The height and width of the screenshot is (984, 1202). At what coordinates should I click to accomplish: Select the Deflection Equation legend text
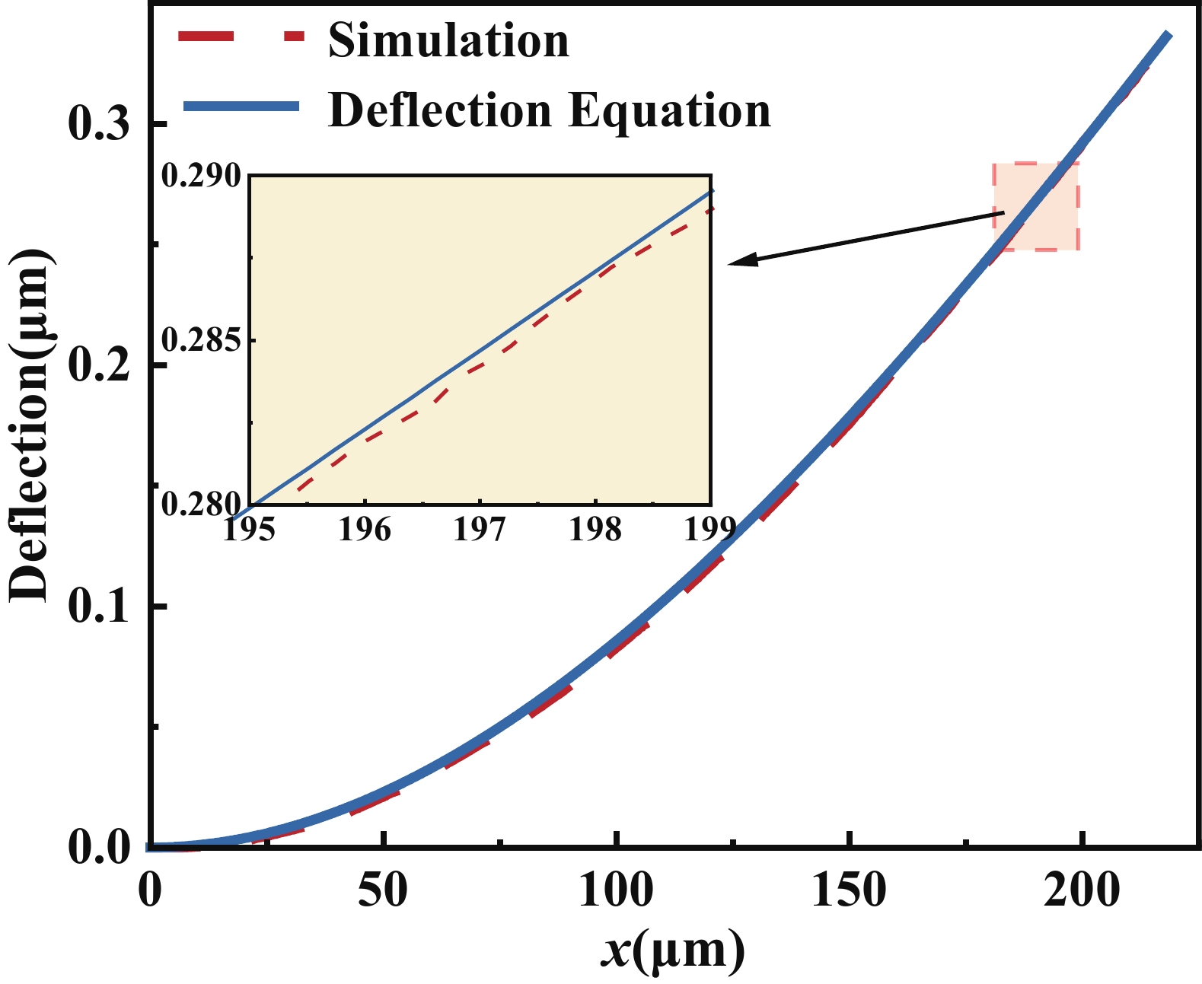(549, 110)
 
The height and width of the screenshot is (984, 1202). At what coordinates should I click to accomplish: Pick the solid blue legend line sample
(241, 107)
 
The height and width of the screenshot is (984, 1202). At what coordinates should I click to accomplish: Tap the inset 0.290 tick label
(200, 176)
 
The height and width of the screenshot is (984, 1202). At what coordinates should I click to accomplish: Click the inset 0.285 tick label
(200, 340)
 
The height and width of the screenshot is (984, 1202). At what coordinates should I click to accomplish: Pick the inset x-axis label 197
(480, 529)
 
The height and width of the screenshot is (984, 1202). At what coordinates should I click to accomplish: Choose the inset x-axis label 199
(709, 529)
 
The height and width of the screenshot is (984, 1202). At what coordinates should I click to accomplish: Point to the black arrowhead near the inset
(738, 263)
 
